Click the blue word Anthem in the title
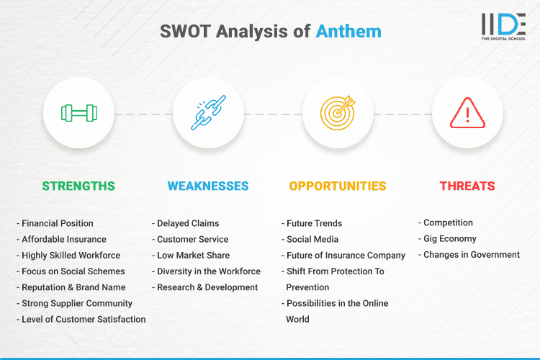coord(348,32)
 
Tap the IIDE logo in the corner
coord(504,27)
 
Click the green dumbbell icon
coord(78,113)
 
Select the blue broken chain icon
coord(208,113)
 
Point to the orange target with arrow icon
coord(338,113)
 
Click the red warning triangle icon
coord(467,113)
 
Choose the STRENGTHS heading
coord(78,186)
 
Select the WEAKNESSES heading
coord(208,186)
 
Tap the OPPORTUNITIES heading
coord(338,186)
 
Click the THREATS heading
coord(467,186)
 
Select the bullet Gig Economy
coord(451,238)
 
